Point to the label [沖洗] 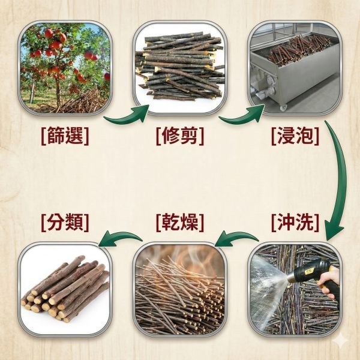tap(295, 223)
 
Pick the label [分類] tap(65, 223)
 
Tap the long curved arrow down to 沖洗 tap(340, 180)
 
